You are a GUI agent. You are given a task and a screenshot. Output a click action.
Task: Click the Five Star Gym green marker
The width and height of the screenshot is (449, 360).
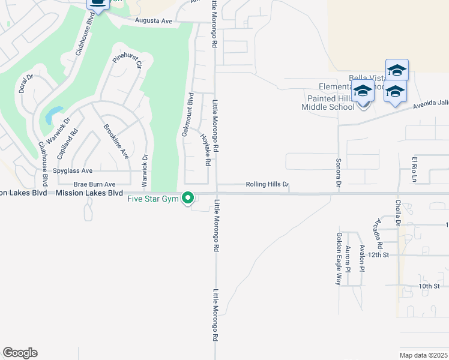click(x=188, y=197)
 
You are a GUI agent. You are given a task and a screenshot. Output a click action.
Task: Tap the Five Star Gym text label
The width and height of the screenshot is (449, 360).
click(x=154, y=199)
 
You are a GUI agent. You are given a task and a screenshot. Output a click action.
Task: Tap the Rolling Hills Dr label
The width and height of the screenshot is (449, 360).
click(x=268, y=185)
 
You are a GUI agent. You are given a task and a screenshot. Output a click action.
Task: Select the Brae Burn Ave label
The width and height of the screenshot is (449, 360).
click(x=94, y=184)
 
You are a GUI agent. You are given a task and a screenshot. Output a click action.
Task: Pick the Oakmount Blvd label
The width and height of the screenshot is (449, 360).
click(x=187, y=114)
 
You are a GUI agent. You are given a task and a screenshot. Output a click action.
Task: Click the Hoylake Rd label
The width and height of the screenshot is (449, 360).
click(x=205, y=149)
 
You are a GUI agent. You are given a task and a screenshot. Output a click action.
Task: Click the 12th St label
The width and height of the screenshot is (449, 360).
click(x=379, y=254)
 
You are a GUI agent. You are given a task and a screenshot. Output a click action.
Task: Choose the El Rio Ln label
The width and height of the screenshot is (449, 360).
click(x=414, y=169)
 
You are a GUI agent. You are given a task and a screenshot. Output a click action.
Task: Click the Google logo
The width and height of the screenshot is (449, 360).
click(x=20, y=352)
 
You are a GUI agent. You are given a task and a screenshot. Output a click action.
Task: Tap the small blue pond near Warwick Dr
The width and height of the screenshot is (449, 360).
click(x=53, y=115)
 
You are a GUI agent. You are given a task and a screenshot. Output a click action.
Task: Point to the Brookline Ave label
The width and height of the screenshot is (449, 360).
click(x=116, y=141)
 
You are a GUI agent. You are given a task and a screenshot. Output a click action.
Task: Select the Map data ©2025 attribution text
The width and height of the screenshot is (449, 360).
click(x=424, y=355)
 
